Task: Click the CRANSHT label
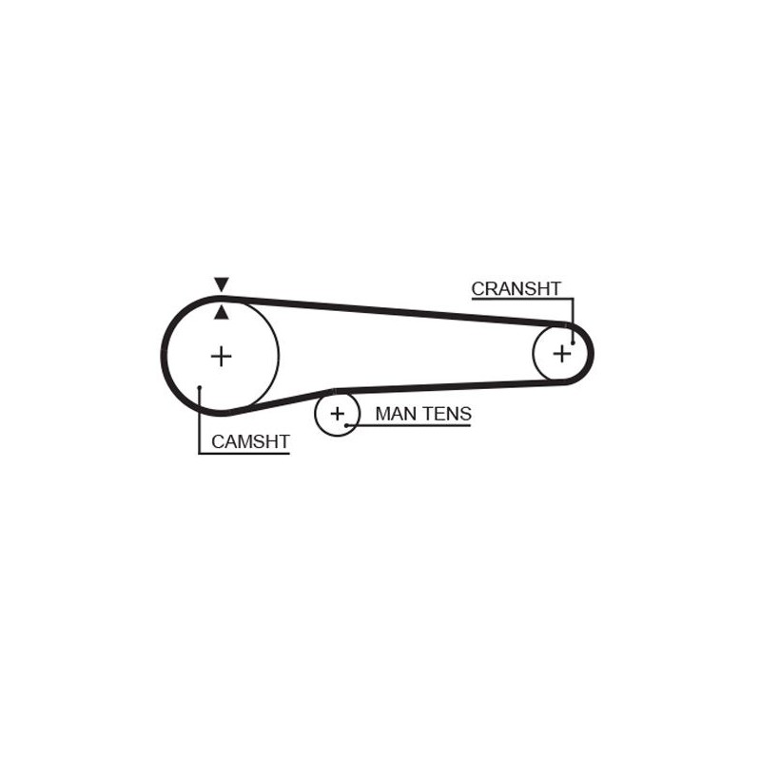tap(516, 289)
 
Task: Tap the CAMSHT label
tap(250, 441)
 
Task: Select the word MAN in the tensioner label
tap(396, 414)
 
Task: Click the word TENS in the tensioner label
tap(447, 414)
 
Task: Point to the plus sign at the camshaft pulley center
tap(222, 356)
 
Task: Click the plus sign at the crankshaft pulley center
tap(562, 353)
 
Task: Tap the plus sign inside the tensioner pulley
tap(337, 414)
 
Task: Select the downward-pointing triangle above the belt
tap(222, 284)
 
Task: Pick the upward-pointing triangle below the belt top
tap(222, 313)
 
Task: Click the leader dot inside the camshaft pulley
tap(200, 387)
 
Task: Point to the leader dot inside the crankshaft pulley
tap(574, 343)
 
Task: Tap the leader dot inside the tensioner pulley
tap(346, 425)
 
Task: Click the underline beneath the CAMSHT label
tap(244, 454)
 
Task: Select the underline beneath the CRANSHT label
tap(522, 299)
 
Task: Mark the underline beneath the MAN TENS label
tap(408, 425)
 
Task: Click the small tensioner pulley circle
tap(338, 414)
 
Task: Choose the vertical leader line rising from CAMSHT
tap(200, 420)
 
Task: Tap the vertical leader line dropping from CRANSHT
tap(574, 321)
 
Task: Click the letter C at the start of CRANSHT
tap(478, 289)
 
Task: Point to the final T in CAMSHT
tap(283, 441)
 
